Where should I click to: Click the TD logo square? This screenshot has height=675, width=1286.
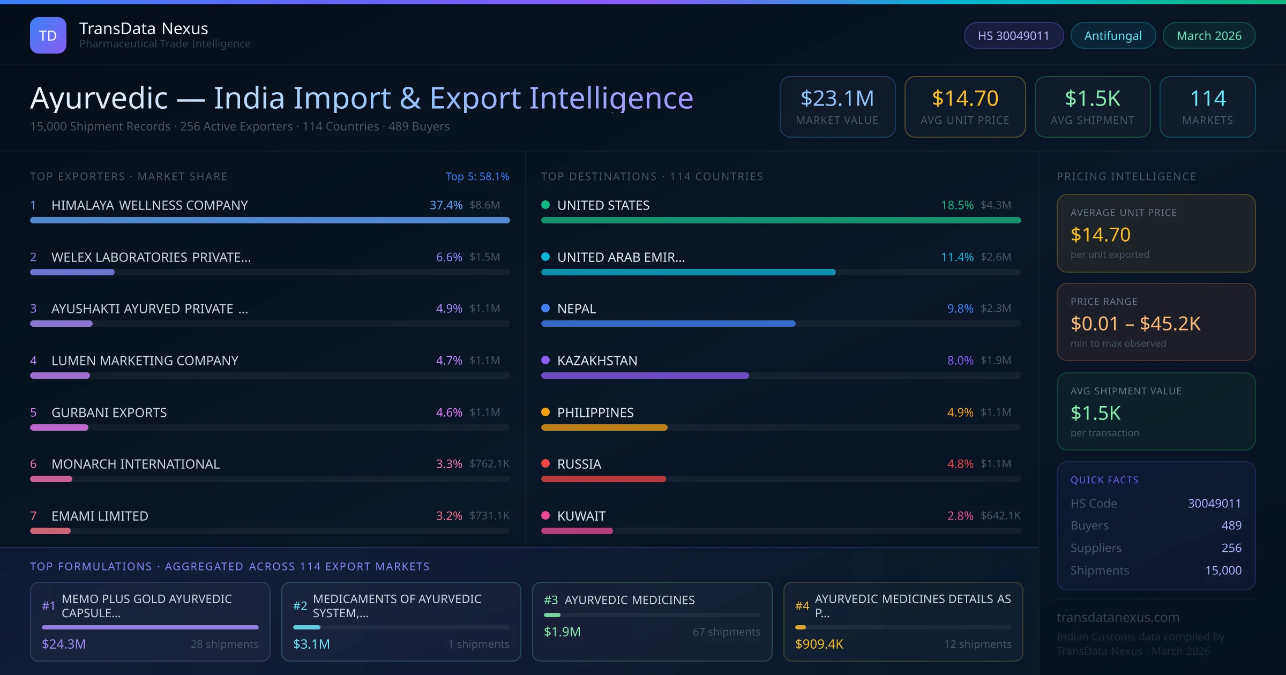coord(48,35)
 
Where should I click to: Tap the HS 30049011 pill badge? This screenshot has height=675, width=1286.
coord(1013,35)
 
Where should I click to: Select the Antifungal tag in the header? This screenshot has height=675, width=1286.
coord(1113,35)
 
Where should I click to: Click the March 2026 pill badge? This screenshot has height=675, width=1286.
coord(1209,35)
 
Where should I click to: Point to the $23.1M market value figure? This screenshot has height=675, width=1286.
coord(837,98)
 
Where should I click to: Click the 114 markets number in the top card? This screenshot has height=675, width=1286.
coord(1207,98)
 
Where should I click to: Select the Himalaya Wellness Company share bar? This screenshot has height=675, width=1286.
coord(270,220)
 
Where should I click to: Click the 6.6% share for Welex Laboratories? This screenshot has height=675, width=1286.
coord(449,257)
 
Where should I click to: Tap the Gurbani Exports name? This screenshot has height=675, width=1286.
coord(109,412)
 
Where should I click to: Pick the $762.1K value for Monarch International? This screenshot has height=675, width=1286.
coord(489,463)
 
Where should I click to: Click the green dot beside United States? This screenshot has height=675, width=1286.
coord(545,205)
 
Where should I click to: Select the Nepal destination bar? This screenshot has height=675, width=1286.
coord(668,324)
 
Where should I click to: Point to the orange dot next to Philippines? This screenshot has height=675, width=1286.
coord(545,412)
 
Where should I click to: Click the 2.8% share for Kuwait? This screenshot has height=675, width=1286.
coord(960,516)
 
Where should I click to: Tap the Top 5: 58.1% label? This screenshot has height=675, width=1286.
coord(477,176)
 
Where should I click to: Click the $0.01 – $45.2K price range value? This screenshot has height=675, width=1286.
coord(1135,324)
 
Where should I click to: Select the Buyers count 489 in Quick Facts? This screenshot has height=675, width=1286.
coord(1231,526)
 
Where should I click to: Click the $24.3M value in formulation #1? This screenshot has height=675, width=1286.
coord(64,644)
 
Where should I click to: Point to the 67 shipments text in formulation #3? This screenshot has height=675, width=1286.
coord(726,632)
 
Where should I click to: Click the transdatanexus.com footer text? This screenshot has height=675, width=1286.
coord(1118,617)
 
